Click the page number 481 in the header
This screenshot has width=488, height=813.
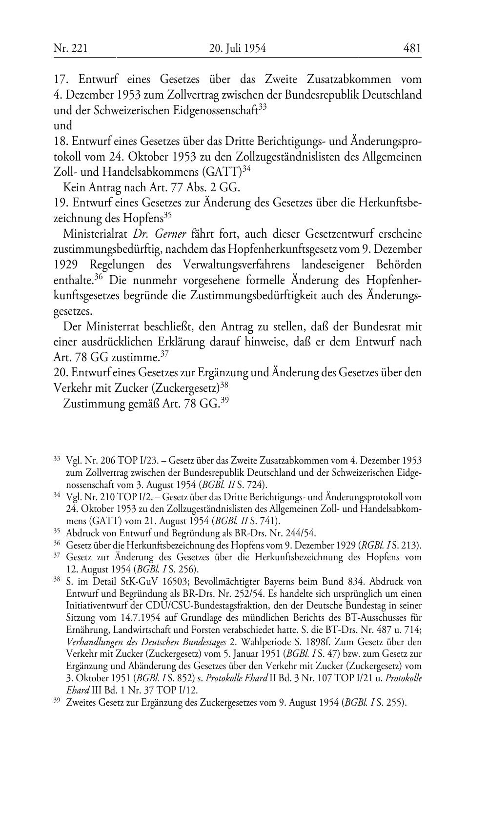click(x=412, y=48)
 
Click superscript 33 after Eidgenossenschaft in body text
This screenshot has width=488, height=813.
click(x=263, y=107)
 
